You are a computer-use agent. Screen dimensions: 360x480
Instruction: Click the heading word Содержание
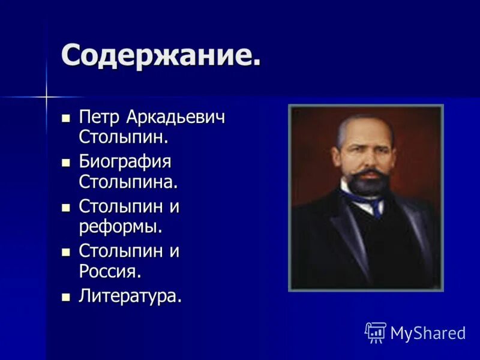coord(161,56)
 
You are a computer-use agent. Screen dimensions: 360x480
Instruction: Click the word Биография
coord(125,161)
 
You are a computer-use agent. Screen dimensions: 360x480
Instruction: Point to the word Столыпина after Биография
coord(128,181)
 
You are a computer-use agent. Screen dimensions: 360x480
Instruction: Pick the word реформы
coord(121,226)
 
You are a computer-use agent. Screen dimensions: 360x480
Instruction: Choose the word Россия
coord(110,271)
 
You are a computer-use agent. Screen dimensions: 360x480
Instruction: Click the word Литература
coord(130,296)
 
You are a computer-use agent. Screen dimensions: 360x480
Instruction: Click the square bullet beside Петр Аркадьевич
coord(66,117)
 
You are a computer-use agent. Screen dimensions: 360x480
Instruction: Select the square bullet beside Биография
coord(66,162)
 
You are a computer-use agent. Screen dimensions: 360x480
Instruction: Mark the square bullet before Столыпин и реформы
coord(66,207)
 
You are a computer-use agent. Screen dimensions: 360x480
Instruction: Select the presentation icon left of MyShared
coord(376,332)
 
